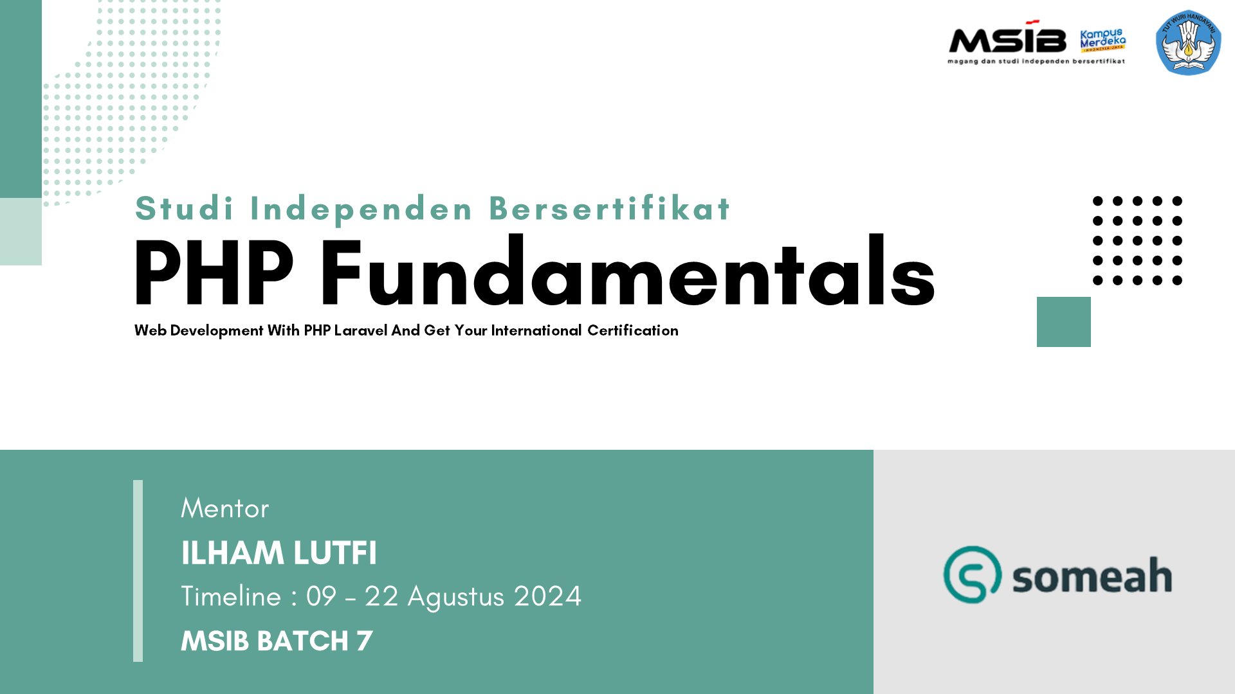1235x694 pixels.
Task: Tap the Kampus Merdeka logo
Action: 1103,40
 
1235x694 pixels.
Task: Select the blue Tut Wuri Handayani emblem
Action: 1188,42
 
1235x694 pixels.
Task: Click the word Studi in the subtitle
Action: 185,208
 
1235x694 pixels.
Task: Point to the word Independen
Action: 361,209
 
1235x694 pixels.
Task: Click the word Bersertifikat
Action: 609,208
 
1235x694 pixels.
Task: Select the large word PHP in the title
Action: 214,272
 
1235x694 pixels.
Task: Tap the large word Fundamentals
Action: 627,271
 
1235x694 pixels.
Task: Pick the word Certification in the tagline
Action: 632,330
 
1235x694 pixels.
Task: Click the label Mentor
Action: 224,508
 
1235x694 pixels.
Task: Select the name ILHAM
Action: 232,553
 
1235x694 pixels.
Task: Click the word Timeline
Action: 231,596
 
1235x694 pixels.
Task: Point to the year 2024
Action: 547,596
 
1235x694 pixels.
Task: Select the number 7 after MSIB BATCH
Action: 365,641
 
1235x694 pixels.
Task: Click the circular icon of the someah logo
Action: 972,574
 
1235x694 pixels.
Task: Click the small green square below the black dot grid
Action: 1063,322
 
